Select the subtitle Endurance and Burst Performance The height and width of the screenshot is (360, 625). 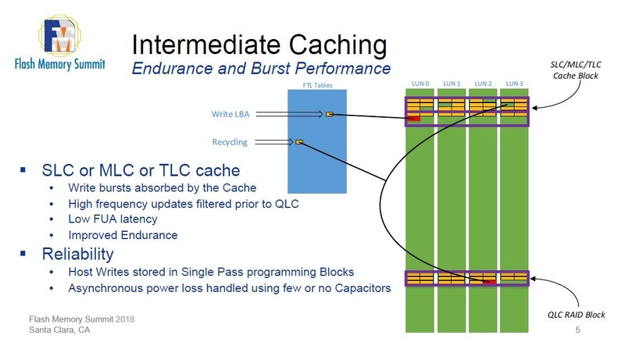260,69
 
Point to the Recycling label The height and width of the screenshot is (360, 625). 230,142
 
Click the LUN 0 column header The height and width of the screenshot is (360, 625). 420,84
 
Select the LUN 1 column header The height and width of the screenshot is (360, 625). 451,84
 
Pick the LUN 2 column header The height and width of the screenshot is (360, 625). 482,84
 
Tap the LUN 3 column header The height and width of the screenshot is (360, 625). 513,84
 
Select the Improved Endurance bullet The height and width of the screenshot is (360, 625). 123,235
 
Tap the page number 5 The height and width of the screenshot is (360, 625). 577,331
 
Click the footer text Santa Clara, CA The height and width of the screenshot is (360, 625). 59,330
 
